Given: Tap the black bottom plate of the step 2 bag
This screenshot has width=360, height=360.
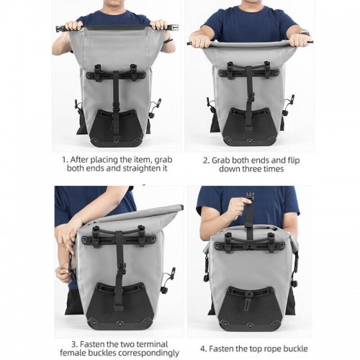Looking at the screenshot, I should (248, 126).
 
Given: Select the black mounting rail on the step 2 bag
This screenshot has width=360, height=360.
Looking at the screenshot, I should (248, 73).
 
